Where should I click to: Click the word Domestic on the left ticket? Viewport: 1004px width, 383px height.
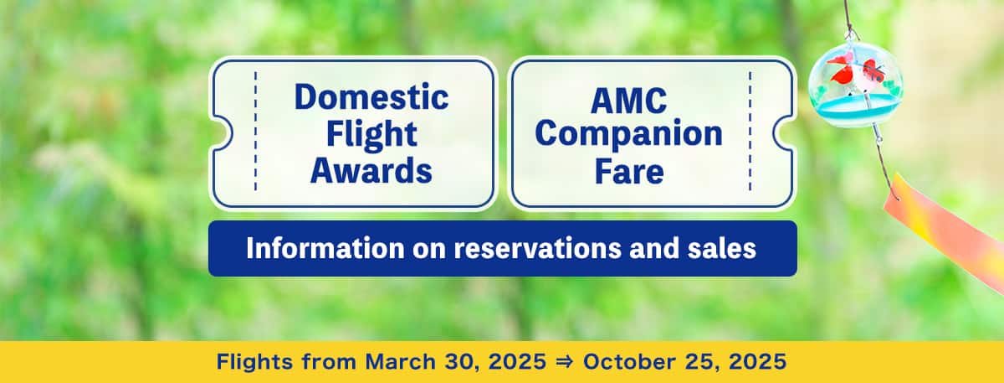point(371,98)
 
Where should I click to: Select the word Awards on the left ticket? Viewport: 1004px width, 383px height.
point(371,170)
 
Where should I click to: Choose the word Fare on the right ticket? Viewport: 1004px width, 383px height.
point(628,170)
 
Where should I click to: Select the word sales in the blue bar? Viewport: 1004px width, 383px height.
point(718,249)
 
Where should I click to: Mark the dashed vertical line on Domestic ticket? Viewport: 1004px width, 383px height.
point(256,132)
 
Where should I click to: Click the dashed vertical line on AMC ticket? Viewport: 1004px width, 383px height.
point(750,132)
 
